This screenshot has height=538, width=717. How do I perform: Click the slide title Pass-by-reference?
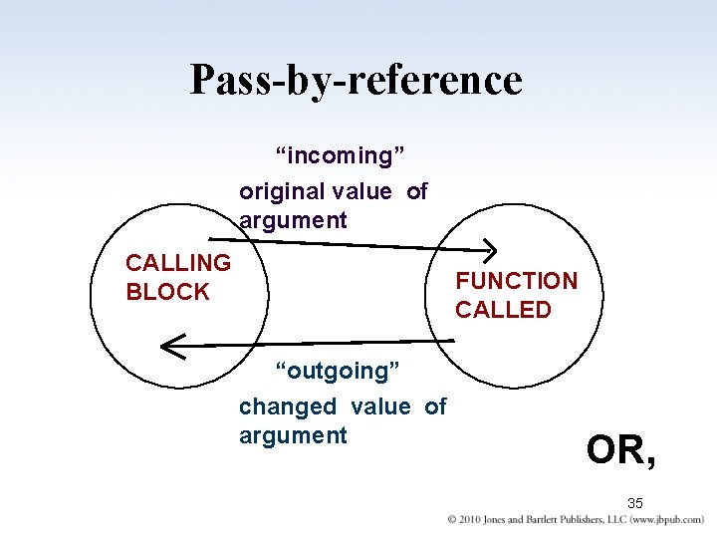[356, 80]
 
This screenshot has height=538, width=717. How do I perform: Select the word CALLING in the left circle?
[177, 263]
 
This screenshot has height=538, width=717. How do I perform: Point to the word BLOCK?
[167, 292]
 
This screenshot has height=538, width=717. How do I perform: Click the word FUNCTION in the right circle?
[516, 281]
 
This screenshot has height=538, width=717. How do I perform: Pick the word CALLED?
[503, 310]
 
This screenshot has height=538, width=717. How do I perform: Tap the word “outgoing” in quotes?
[338, 371]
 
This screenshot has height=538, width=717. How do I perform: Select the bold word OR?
[621, 449]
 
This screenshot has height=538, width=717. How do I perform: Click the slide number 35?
[635, 503]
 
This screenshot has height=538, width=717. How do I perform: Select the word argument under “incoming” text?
[293, 220]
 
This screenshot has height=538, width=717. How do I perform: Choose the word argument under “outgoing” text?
[293, 435]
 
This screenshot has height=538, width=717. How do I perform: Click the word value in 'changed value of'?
[380, 406]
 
